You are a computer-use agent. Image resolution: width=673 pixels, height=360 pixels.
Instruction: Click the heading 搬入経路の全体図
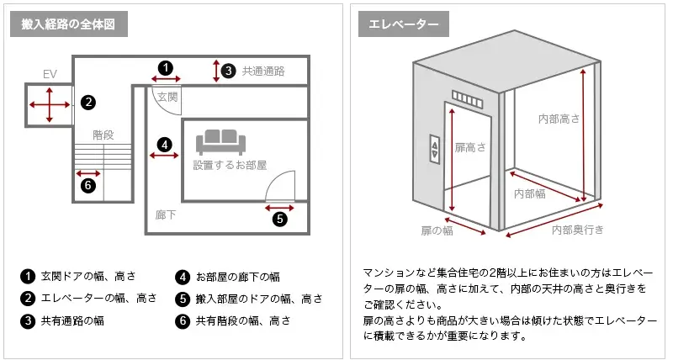[68, 24]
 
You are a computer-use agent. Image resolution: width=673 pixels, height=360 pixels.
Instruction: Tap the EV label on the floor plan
[50, 75]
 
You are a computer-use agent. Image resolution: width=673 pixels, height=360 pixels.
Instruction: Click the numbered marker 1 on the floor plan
[166, 67]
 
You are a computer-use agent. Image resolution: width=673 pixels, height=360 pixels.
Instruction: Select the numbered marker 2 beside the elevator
[87, 103]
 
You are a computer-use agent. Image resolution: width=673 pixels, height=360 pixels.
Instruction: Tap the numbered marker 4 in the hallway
[165, 144]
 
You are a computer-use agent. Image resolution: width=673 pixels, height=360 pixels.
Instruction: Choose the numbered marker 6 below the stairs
[87, 186]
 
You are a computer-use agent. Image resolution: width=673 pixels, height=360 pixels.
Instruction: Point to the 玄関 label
[167, 98]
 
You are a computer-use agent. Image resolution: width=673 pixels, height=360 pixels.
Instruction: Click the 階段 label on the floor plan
[103, 134]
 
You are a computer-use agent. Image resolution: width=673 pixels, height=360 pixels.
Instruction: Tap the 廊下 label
[166, 214]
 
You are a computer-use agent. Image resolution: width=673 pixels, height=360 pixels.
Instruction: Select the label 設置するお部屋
[230, 165]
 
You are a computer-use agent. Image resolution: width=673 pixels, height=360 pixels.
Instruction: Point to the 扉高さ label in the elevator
[470, 147]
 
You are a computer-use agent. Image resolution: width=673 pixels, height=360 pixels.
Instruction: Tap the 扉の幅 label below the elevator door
[437, 230]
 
